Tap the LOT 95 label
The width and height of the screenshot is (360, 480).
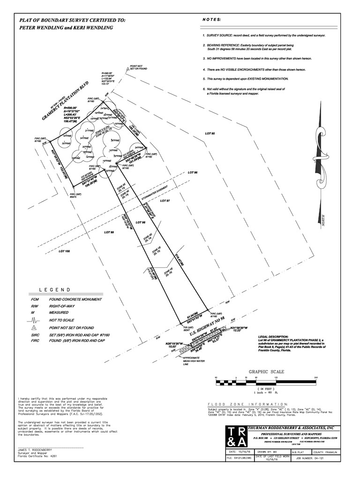pos(210,134)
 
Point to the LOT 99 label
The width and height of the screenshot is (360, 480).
pos(109,232)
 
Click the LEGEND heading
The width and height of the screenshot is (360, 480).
pos(54,290)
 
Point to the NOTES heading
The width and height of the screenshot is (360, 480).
pos(211,20)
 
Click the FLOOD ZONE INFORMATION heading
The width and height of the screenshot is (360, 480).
pos(247,404)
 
